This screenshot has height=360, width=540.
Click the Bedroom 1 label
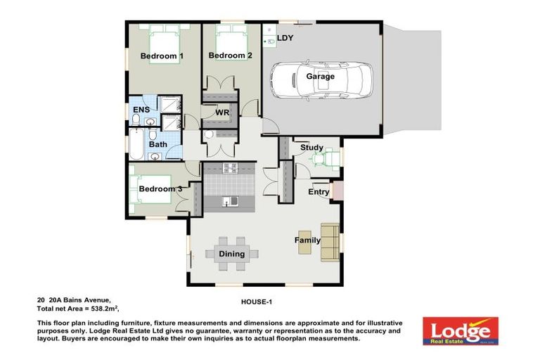point(162,56)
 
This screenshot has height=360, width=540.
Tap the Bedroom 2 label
point(230,56)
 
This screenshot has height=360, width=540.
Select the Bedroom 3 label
point(160,189)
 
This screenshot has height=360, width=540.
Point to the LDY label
point(285,38)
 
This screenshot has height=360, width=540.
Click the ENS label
point(141,110)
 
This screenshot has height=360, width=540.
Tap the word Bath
point(157,144)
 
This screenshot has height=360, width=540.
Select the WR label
point(222,112)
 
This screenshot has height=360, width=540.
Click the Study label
point(311,148)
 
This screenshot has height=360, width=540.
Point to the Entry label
point(319,192)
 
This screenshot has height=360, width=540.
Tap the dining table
point(231,254)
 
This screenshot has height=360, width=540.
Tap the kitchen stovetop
point(231,168)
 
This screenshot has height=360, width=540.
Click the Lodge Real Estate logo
point(460,330)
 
